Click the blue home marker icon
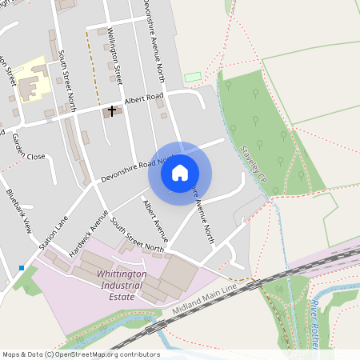180,173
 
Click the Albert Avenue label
154,221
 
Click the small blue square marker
22,267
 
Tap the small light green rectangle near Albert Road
192,78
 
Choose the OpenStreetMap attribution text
80,354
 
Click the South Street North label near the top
66,80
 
